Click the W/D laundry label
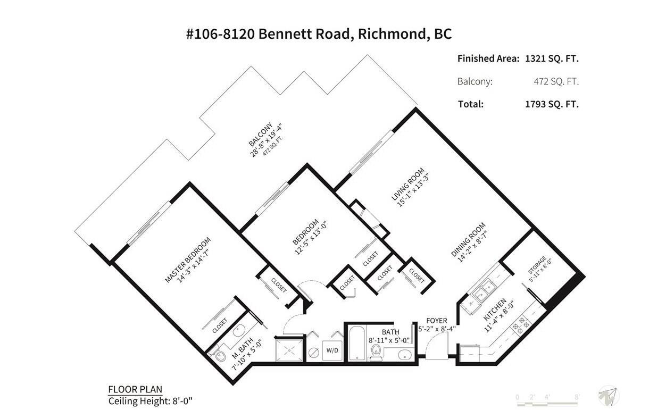332,350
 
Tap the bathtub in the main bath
356,344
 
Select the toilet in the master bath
219,355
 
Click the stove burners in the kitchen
521,325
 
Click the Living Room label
407,184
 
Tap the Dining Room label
468,239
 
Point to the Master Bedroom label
187,260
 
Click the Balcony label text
261,135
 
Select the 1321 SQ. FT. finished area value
552,58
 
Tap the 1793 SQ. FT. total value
552,104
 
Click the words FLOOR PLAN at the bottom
135,389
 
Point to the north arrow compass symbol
609,396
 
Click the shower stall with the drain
290,350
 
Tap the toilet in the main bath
376,353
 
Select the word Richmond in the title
392,34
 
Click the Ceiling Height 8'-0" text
151,401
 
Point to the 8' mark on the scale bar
577,397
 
